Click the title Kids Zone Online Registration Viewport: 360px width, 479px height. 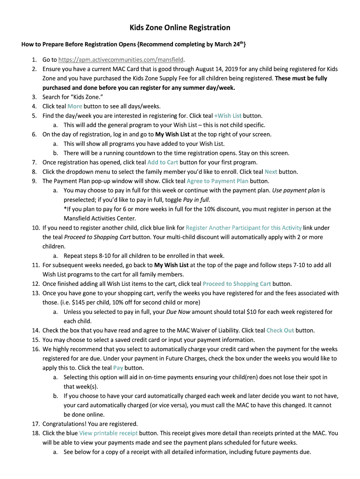tap(180, 28)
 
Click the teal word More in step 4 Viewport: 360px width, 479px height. tap(75, 106)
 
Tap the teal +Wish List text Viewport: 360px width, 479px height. tap(228, 116)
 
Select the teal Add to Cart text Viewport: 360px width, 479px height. tap(163, 162)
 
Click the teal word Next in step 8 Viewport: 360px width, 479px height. tap(271, 172)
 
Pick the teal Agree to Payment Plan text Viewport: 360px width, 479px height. tap(217, 181)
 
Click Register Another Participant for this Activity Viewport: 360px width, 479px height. tap(244, 228)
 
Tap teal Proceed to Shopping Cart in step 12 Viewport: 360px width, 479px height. tap(237, 284)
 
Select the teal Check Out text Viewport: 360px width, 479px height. tap(280, 331)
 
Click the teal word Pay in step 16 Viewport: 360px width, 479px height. tap(118, 368)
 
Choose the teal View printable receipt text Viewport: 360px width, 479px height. tap(108, 433)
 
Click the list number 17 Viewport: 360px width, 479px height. tap(35, 424)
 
